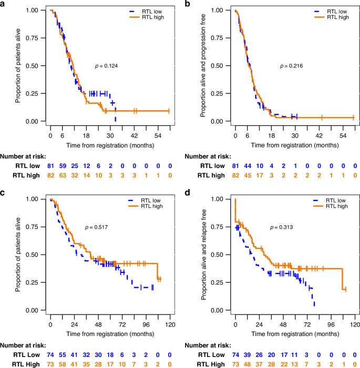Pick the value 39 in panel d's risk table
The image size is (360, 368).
tap(248, 355)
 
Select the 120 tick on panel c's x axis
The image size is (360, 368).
tap(169, 323)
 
